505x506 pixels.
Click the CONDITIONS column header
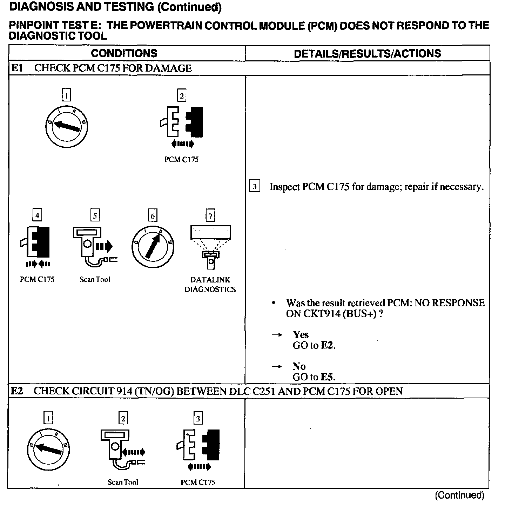tap(124, 53)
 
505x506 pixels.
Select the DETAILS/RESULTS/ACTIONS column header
tap(367, 53)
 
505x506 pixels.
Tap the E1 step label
tap(17, 68)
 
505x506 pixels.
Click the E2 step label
tap(17, 391)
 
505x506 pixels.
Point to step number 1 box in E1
tap(66, 95)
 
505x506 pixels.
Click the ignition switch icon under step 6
tap(153, 247)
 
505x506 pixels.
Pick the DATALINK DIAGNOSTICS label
tap(210, 285)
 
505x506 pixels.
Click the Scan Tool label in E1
tap(95, 279)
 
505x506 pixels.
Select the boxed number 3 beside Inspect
tap(254, 186)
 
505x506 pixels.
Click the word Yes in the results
tap(301, 335)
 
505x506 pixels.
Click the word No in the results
tap(299, 366)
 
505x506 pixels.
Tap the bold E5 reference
tap(328, 377)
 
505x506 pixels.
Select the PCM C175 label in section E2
tap(198, 482)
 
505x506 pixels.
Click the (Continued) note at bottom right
tap(459, 495)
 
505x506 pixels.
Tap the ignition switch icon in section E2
tap(49, 450)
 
